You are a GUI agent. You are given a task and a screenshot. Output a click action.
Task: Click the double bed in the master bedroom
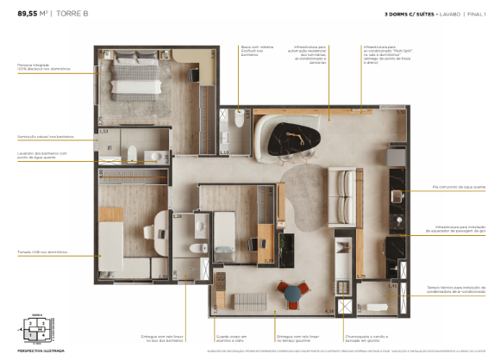pyautogui.click(x=134, y=76)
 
